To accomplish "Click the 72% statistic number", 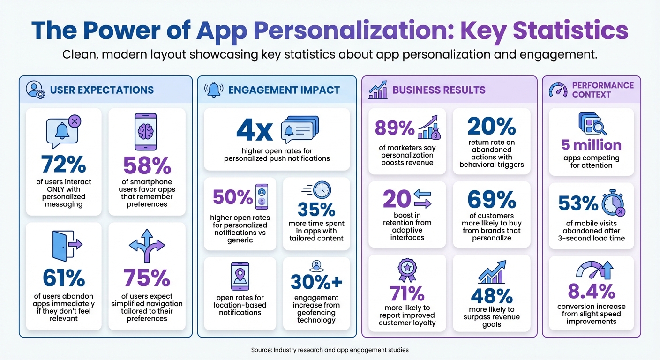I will coord(63,164).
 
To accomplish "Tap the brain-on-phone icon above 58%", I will coord(145,131).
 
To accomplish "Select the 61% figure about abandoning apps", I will coord(63,278).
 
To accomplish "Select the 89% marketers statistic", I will coord(395,127).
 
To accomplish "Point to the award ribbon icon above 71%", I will coord(406,270).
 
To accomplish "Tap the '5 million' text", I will coord(591,145).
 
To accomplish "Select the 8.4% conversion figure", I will coord(591,291).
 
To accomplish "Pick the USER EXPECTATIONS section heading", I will coord(102,90).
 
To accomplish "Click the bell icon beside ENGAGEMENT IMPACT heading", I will coord(214,89).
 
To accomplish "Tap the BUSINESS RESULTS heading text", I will coord(439,90).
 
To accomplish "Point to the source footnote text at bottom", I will coord(330,350).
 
